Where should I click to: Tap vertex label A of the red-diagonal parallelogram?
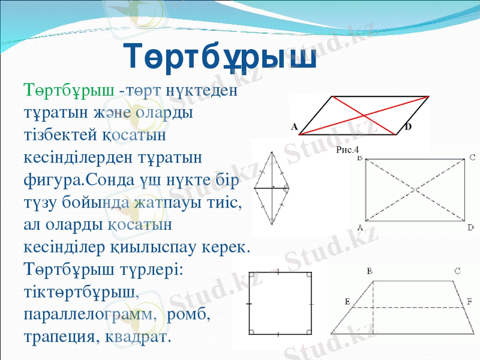coord(295,127)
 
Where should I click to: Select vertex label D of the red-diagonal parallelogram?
coord(408,127)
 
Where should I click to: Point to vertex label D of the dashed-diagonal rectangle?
coord(471,227)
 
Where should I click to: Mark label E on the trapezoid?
coord(347,301)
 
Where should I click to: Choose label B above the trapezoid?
coord(370,272)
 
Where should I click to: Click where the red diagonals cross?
coord(364,115)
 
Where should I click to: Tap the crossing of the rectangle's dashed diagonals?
coord(416,190)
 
